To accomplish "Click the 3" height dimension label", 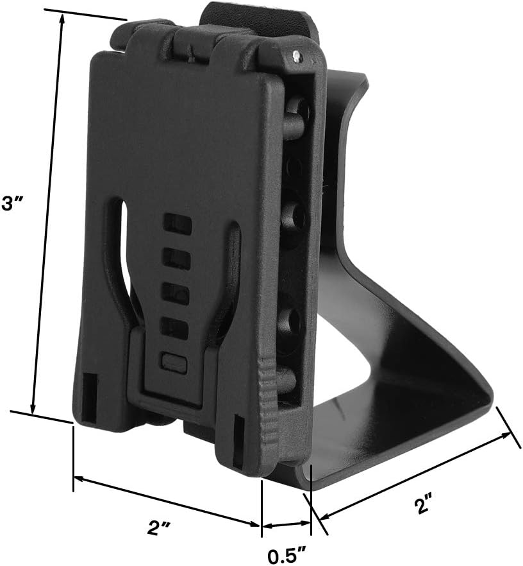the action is (12, 204).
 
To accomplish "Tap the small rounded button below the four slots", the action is (174, 362).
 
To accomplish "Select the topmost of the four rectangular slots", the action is (177, 222).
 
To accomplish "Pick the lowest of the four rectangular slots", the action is (175, 328).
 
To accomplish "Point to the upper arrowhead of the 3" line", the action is (62, 19).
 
